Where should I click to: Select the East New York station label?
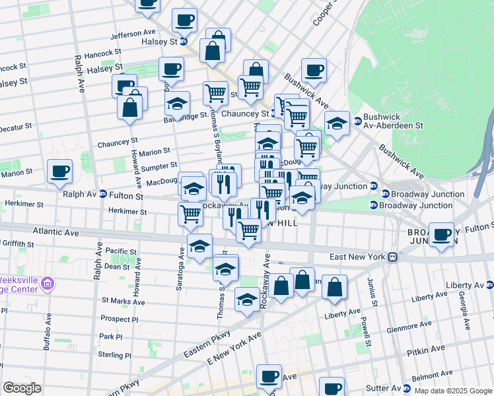(358, 256)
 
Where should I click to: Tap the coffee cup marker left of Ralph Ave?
(59, 171)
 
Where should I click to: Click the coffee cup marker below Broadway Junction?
(441, 234)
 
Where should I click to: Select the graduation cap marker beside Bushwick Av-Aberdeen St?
(337, 123)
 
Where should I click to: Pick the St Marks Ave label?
(123, 302)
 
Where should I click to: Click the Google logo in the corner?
(22, 388)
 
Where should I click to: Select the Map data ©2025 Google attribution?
(453, 391)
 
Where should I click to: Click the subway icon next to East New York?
(392, 256)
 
